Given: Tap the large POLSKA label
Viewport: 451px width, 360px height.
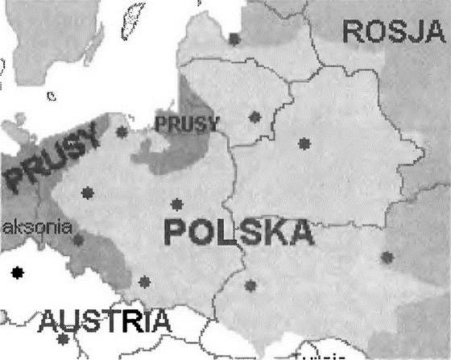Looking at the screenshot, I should coord(237,232).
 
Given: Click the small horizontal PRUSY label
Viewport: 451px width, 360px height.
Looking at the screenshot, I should coord(186,123).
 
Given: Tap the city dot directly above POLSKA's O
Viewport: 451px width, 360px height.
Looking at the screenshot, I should coord(177,204).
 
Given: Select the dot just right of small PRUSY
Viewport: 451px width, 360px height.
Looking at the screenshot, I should coord(255,117).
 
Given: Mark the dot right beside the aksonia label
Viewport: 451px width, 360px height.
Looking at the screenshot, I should coord(78,239).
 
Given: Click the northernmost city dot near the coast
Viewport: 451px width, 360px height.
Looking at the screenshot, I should coord(234,38).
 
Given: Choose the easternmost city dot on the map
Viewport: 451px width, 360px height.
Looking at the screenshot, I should coord(387,258).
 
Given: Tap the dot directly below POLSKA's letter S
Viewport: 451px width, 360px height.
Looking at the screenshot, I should coord(250,284).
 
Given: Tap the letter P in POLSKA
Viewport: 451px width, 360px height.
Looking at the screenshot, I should coord(177,233).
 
